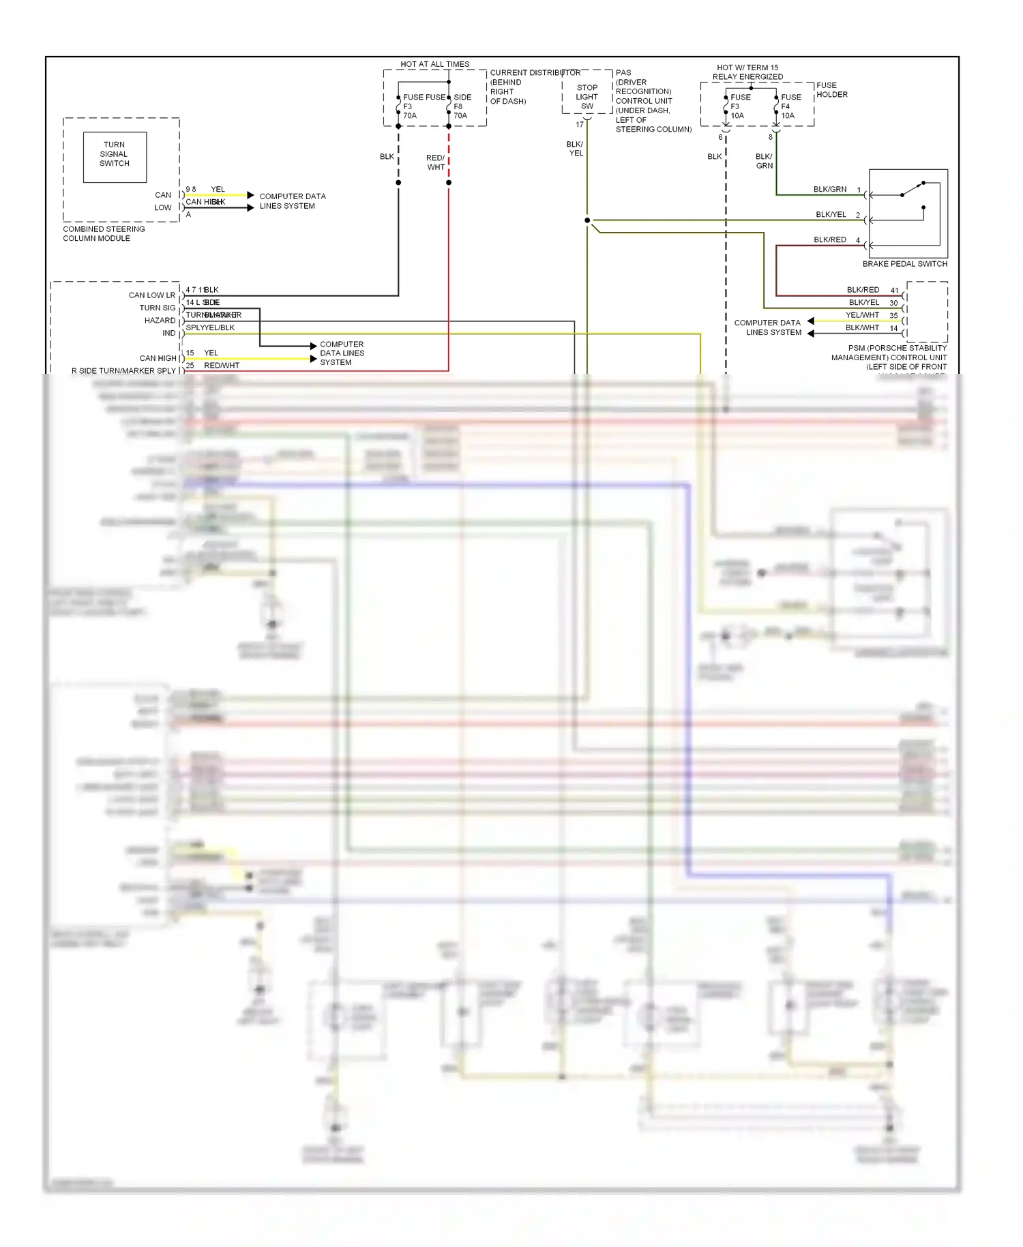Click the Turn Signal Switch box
[115, 157]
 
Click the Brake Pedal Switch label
[904, 263]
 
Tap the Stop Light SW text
[587, 97]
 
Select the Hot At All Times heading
[434, 64]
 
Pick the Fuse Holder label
[831, 90]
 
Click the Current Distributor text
[535, 72]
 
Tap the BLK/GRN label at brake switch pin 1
[829, 189]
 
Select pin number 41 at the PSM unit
[894, 291]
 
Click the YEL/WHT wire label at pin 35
[862, 315]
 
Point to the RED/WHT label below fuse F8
[435, 162]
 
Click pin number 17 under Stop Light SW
[580, 124]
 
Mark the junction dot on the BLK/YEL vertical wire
[587, 220]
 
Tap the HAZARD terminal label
[160, 321]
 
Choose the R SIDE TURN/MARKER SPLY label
[123, 370]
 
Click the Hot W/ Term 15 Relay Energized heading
[747, 72]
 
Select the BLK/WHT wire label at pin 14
[862, 327]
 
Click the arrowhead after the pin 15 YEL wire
[314, 359]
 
